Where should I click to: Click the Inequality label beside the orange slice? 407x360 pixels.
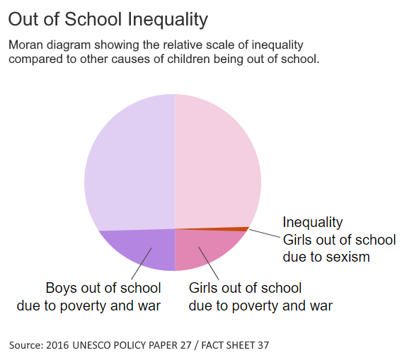click(x=313, y=222)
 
